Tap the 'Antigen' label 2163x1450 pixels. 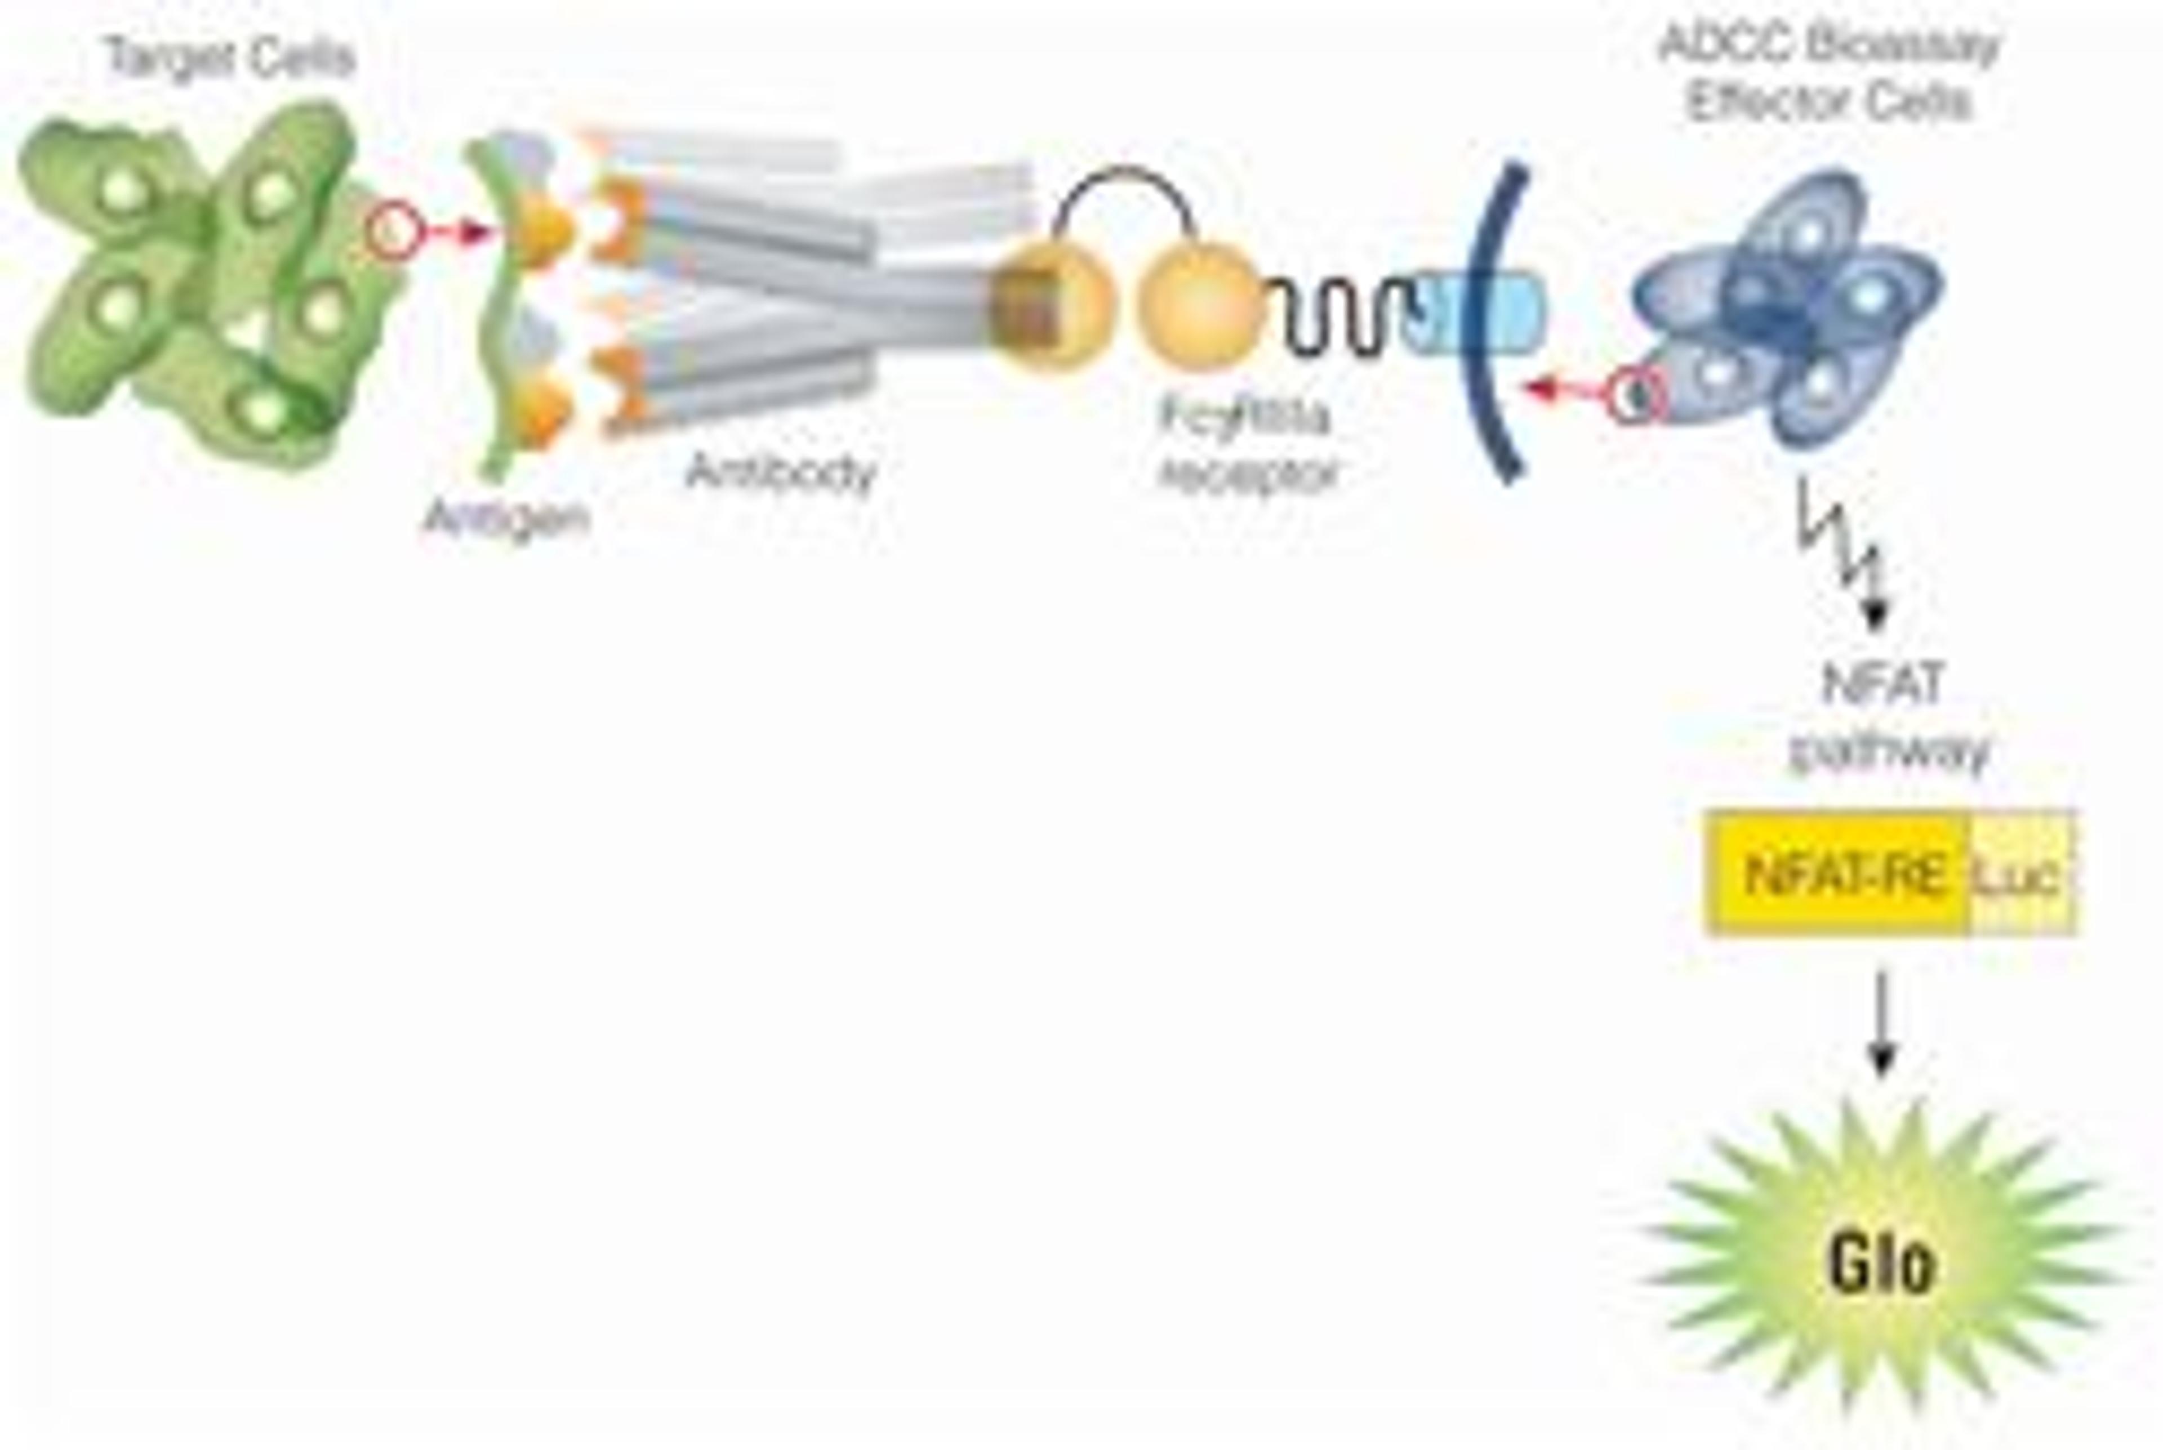tap(505, 518)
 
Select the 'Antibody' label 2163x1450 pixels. tap(780, 472)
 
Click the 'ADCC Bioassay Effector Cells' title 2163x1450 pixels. tap(1828, 74)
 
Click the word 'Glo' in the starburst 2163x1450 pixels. tap(1880, 1263)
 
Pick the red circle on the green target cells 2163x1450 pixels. tap(394, 231)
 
